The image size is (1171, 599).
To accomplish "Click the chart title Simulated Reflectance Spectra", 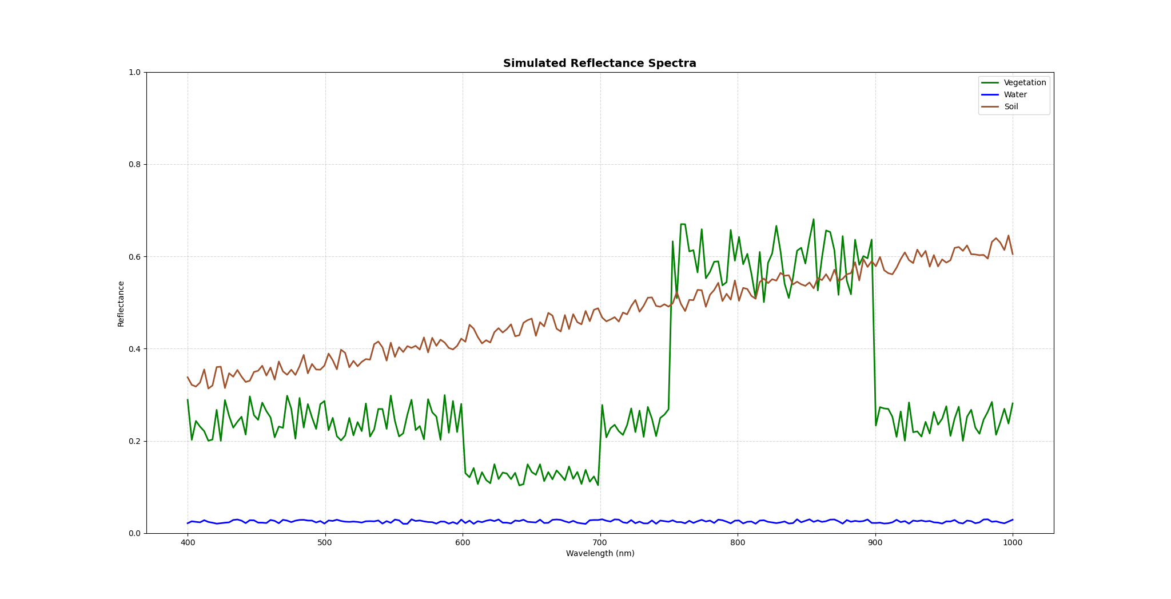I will (x=599, y=64).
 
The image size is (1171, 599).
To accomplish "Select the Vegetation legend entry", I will (x=1025, y=83).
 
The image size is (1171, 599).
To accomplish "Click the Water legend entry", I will (x=1015, y=95).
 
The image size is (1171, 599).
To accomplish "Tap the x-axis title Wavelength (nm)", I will (x=600, y=554).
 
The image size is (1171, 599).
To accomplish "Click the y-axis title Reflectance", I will (x=121, y=303).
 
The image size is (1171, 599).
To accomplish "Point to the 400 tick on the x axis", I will (x=188, y=543).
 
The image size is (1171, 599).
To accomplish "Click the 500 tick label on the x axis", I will (x=325, y=543).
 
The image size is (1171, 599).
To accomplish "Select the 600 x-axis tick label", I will (x=463, y=543).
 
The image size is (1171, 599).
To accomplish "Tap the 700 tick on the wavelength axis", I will (x=600, y=543).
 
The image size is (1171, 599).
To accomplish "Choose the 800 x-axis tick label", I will (x=738, y=543).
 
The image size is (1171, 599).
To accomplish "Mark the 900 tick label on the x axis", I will (x=875, y=543).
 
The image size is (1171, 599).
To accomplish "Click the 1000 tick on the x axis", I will (x=1013, y=543).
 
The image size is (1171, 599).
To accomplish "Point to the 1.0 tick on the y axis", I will (x=134, y=73).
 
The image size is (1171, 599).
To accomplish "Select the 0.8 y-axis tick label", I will (x=134, y=165).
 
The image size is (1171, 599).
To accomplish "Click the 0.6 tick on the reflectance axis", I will (x=134, y=257).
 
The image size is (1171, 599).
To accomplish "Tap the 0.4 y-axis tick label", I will (x=134, y=349).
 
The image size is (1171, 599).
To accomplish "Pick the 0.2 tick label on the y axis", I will (x=134, y=441).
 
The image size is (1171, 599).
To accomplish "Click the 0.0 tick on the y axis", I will (x=134, y=533).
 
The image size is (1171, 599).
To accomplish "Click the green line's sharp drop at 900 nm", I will (x=874, y=338).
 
